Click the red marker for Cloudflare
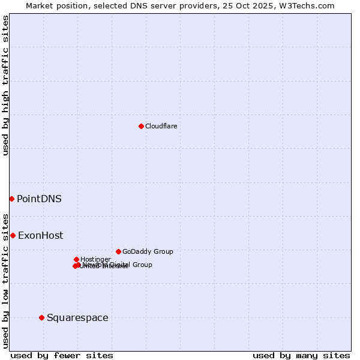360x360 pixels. point(141,126)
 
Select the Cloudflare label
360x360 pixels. point(161,126)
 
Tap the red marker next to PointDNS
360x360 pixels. point(11,199)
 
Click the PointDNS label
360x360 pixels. point(39,199)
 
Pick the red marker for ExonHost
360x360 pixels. point(13,235)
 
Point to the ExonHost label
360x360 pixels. point(40,235)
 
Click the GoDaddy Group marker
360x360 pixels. point(118,251)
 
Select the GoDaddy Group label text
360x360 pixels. point(148,251)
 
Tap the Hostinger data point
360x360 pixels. point(76,259)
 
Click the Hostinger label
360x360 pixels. point(95,259)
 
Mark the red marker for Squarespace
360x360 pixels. point(41,317)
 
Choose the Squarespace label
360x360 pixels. point(77,317)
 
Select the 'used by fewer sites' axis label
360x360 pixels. point(62,355)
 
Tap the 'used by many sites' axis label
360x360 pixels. point(301,355)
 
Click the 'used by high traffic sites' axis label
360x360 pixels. point(5,85)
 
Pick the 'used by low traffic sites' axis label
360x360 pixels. point(5,281)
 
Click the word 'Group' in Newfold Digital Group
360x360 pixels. point(141,265)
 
